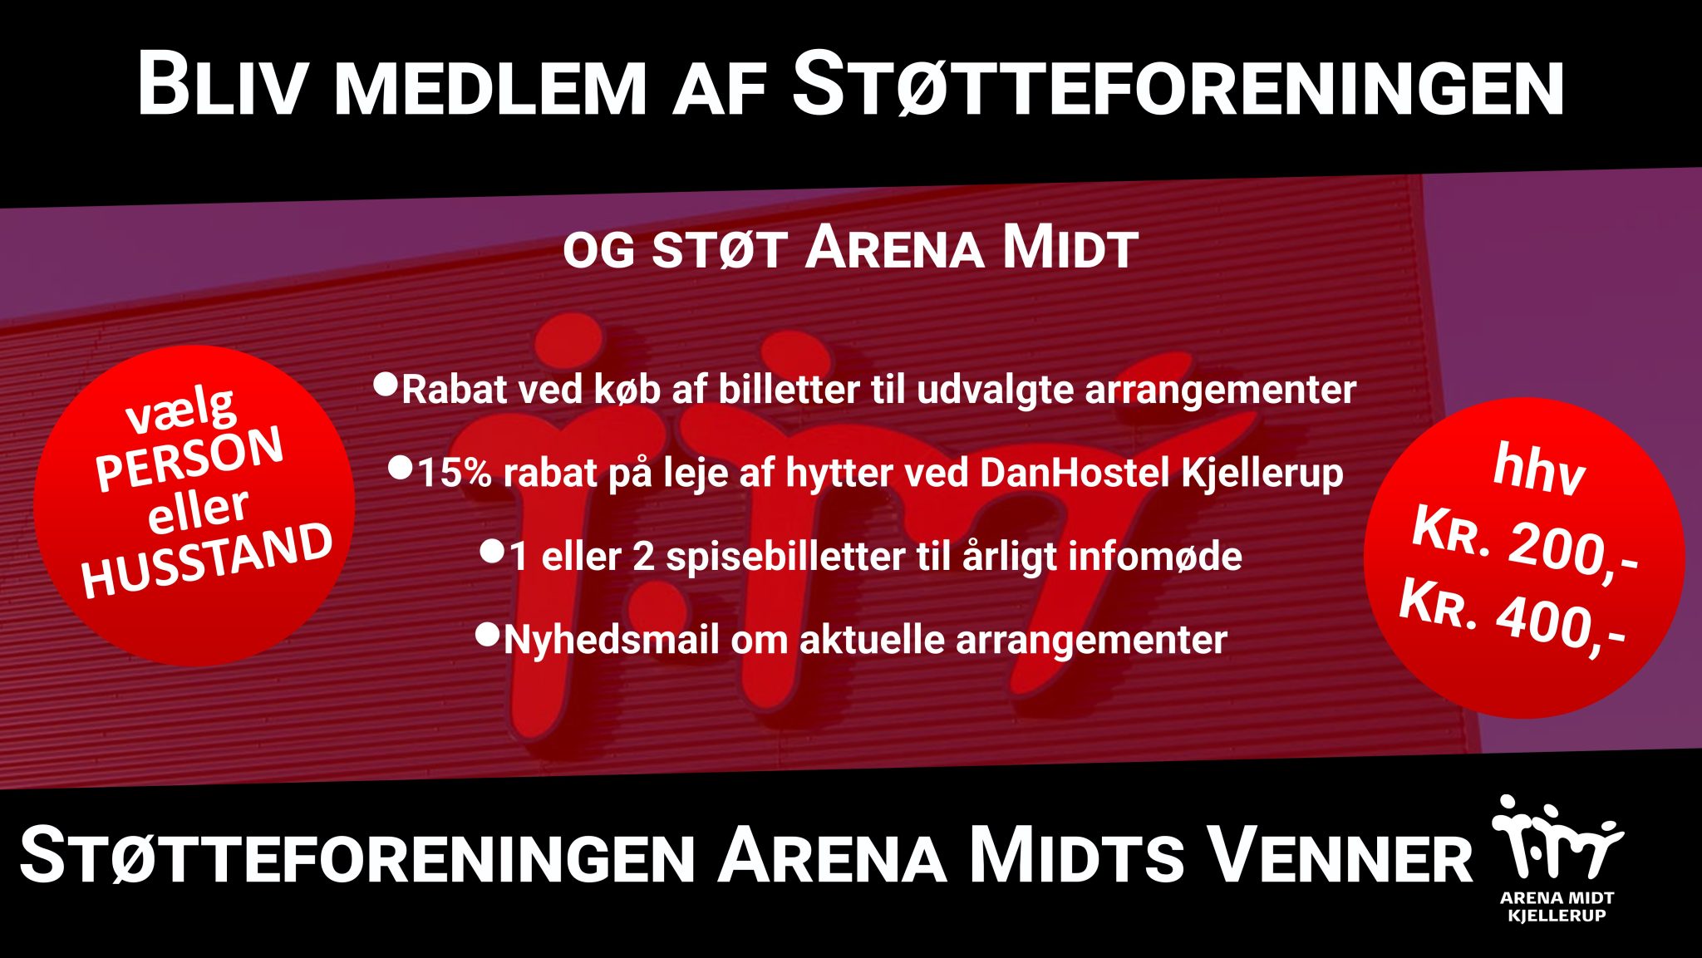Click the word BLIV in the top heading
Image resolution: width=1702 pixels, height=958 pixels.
pos(221,85)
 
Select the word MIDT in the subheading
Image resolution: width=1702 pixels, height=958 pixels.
pos(1070,248)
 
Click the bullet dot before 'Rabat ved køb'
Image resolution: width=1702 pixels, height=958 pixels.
pos(386,384)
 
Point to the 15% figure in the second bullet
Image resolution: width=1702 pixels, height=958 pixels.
pos(454,474)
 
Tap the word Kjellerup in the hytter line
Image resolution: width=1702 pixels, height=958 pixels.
pos(1262,474)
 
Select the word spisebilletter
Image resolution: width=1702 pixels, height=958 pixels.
pos(785,557)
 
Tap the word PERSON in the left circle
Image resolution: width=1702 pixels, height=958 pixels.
pos(189,459)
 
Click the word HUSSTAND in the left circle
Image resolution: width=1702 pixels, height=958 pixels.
pos(207,562)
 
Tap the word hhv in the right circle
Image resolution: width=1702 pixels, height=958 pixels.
pos(1538,469)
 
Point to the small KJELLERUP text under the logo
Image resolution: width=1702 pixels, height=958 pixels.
pos(1557,916)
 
